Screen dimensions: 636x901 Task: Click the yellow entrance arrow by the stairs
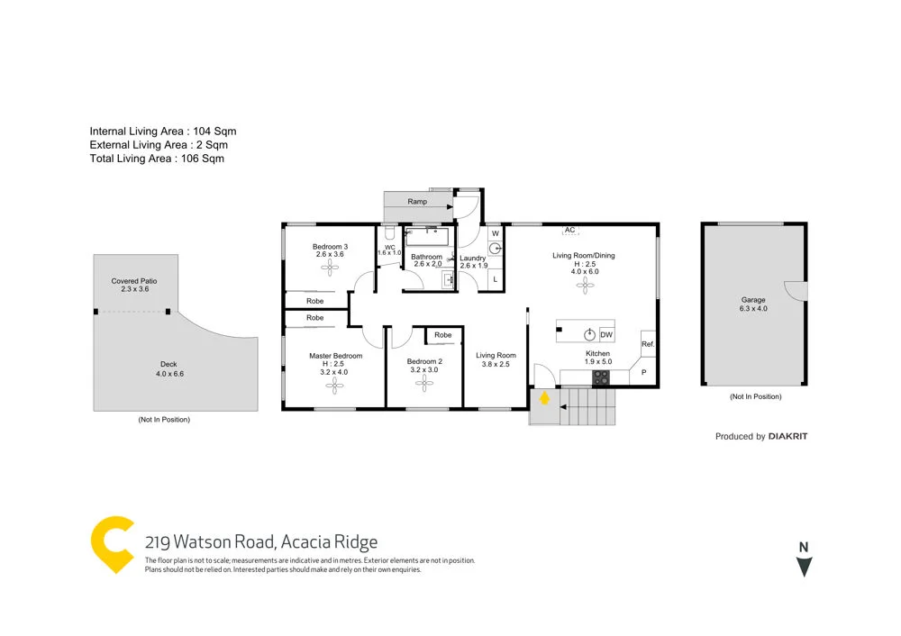click(544, 397)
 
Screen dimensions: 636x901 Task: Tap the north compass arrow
click(805, 567)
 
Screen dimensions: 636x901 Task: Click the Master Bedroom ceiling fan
click(335, 386)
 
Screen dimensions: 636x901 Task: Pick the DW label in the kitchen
click(606, 335)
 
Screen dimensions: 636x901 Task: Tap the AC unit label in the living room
click(569, 231)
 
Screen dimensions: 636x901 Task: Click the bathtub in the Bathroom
click(426, 238)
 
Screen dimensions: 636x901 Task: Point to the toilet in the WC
click(389, 233)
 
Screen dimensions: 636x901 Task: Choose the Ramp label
click(417, 202)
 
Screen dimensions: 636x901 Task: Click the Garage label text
click(753, 300)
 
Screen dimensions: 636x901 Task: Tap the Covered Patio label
click(132, 281)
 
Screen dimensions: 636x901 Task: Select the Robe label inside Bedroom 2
click(442, 335)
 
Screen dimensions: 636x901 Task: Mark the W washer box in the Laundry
click(495, 233)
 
